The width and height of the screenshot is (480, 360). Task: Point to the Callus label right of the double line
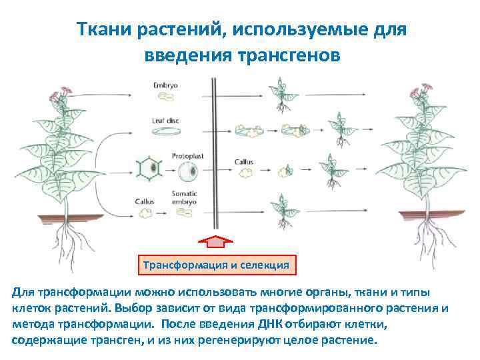coord(244,161)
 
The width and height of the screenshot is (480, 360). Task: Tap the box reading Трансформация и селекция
coord(215,264)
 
